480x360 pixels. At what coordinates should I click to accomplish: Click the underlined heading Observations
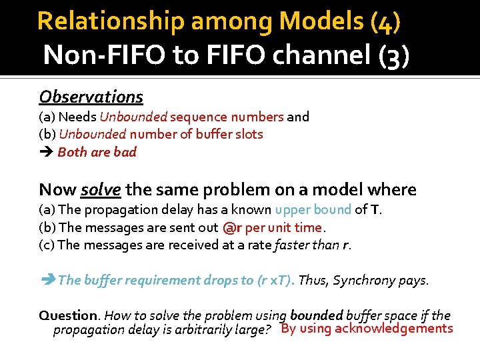click(91, 97)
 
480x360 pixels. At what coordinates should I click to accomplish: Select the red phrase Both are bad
click(97, 152)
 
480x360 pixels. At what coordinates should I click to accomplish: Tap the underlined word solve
click(101, 189)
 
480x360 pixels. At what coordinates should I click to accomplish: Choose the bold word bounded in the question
click(317, 315)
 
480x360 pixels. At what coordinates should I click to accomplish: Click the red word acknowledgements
click(394, 329)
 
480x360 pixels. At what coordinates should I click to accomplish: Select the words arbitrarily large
click(233, 330)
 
